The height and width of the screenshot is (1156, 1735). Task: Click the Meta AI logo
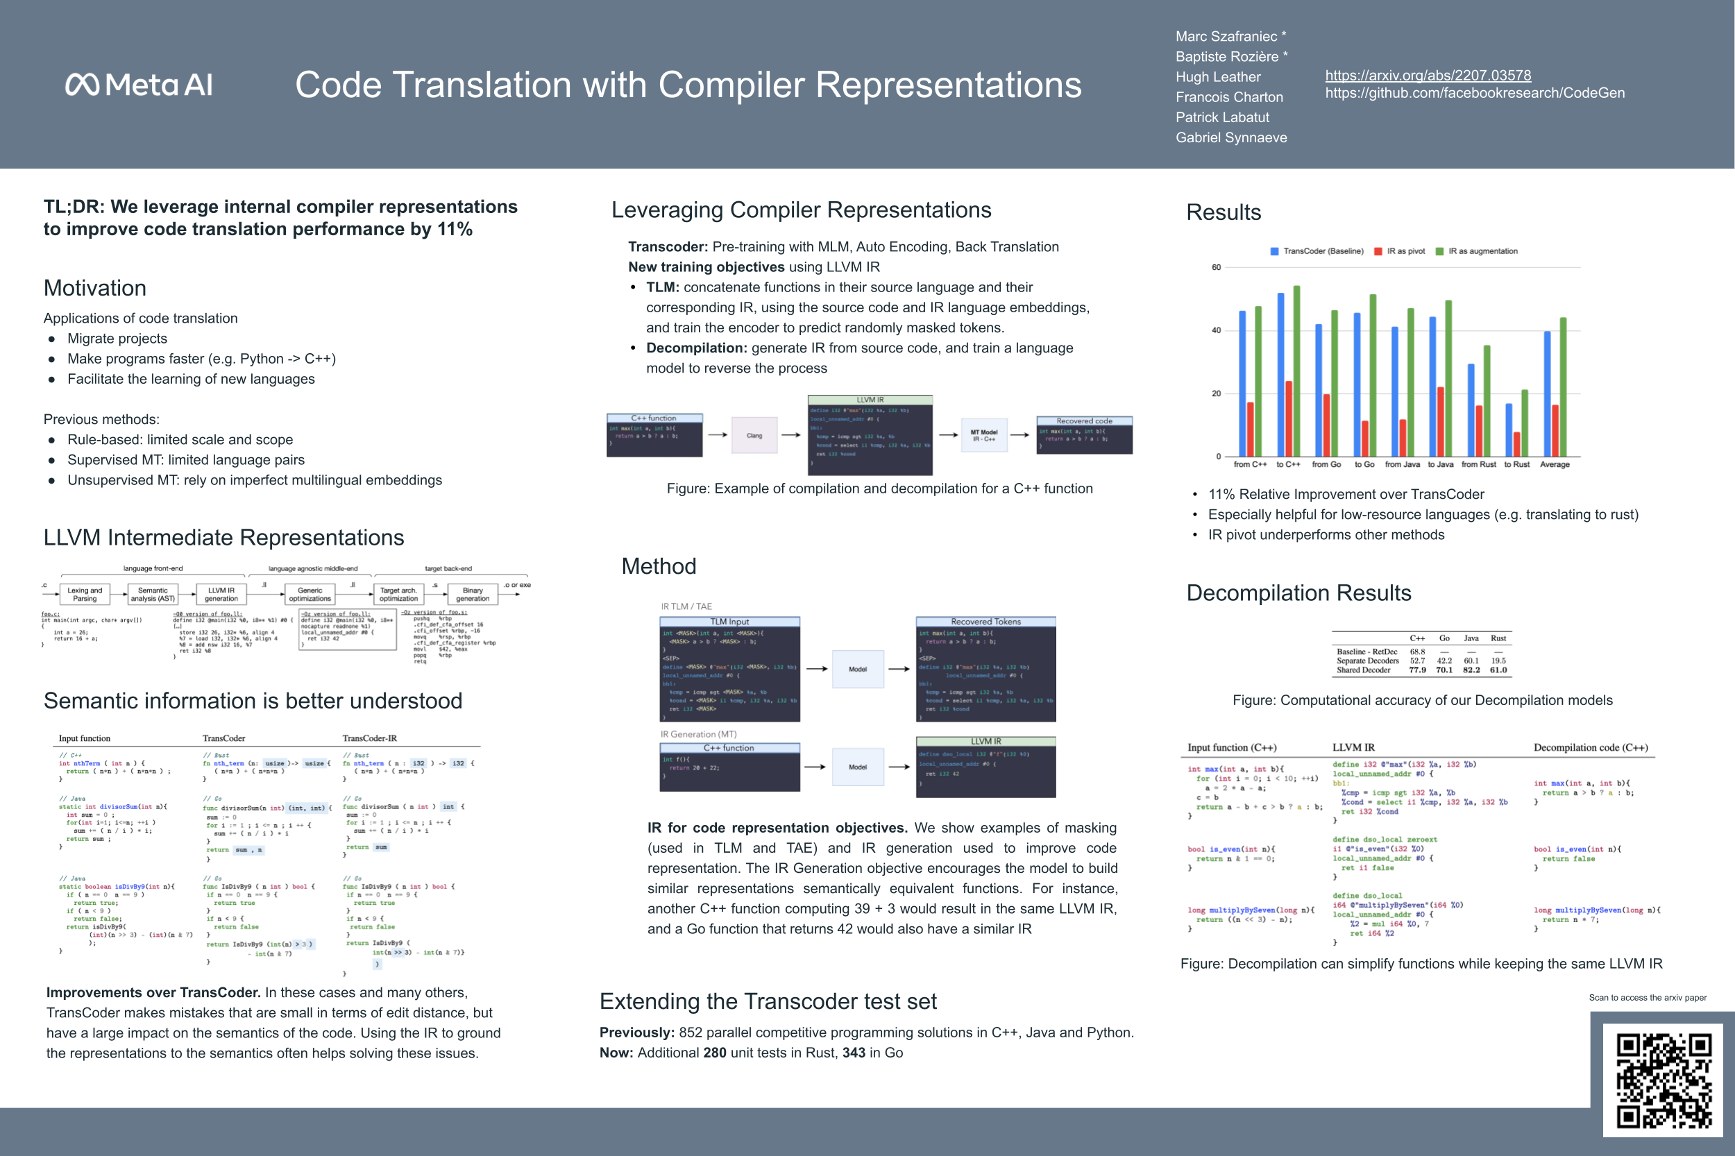tap(139, 85)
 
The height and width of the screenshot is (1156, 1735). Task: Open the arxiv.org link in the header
tap(1428, 75)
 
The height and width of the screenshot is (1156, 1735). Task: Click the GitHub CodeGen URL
tap(1475, 93)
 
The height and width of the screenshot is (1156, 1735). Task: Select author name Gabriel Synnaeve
tap(1230, 138)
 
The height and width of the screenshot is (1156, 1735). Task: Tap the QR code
tap(1664, 1080)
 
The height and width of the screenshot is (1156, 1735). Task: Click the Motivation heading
tap(95, 288)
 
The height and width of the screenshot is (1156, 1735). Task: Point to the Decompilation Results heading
tap(1298, 593)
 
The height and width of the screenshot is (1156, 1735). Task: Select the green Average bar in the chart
tap(1563, 387)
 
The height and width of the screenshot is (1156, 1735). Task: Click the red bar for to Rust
tap(1517, 444)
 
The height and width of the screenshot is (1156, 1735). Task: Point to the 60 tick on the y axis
tap(1216, 268)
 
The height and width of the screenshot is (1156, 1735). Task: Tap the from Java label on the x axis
tap(1402, 464)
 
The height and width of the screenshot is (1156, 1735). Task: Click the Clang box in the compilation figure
tap(754, 436)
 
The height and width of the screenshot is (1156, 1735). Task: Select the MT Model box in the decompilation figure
tap(983, 436)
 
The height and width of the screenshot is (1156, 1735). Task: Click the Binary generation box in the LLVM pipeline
tap(473, 594)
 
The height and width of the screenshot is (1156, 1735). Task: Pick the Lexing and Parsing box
tap(85, 594)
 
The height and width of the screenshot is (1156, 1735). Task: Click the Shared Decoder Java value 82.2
tap(1471, 670)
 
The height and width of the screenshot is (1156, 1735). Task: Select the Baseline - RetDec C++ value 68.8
tap(1417, 652)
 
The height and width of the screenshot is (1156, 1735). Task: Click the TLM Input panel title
tap(729, 622)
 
